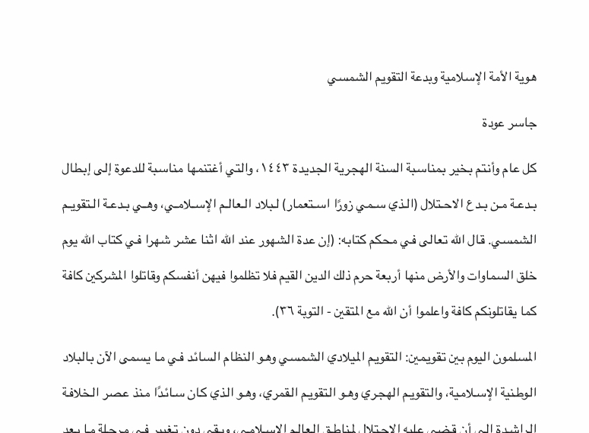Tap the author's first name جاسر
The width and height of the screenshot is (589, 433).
coord(524,123)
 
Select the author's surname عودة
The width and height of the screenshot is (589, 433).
coord(494,123)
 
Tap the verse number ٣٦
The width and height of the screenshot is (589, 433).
coord(282,312)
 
